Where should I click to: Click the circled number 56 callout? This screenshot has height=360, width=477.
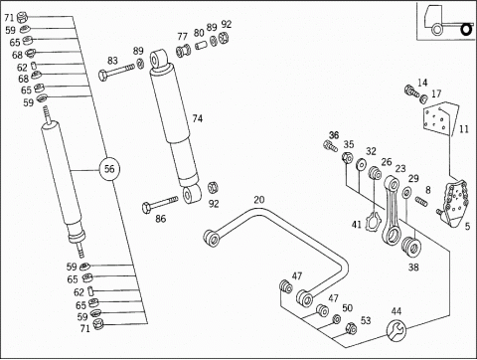(x=109, y=169)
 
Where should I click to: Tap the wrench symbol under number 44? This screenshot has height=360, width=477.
(x=397, y=329)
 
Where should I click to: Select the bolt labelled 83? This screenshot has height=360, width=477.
(x=116, y=72)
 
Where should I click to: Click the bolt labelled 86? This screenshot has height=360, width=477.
(x=160, y=204)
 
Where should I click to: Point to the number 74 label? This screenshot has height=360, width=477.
(x=198, y=118)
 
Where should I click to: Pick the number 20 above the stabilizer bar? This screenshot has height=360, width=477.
(x=259, y=200)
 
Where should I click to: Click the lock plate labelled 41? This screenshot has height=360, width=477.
(x=373, y=222)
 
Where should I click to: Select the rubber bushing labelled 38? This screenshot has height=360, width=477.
(x=410, y=247)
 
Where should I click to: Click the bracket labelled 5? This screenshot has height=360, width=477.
(x=453, y=203)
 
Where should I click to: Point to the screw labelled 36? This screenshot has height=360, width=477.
(x=330, y=146)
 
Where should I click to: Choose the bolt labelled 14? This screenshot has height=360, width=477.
(x=411, y=90)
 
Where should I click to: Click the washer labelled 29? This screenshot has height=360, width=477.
(x=406, y=193)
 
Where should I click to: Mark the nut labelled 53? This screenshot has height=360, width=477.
(x=351, y=328)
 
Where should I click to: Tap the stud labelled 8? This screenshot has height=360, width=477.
(x=421, y=201)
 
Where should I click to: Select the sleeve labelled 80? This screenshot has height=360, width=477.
(x=201, y=45)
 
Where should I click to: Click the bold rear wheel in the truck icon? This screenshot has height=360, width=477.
(x=466, y=30)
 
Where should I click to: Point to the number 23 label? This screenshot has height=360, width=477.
(x=400, y=168)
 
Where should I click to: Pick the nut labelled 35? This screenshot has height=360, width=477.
(x=347, y=157)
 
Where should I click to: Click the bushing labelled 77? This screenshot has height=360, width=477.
(x=183, y=51)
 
